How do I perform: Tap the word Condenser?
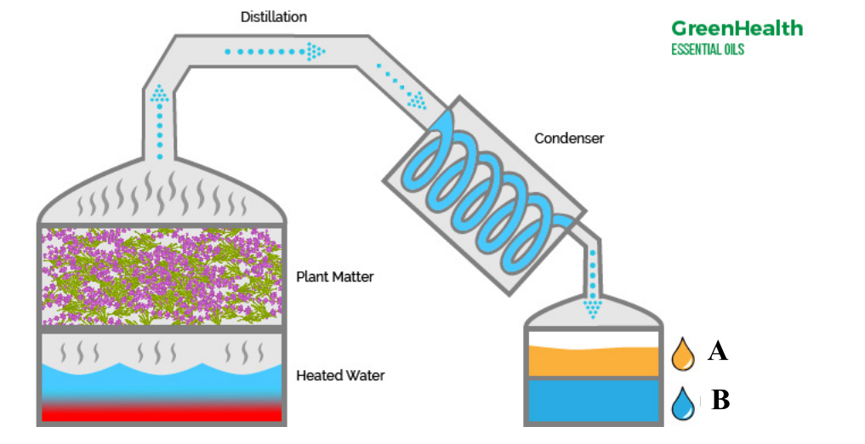568,138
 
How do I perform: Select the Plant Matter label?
334,276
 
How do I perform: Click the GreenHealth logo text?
737,28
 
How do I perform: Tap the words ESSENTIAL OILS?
708,49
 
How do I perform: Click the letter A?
717,350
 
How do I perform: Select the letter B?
720,400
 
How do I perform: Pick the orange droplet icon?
682,356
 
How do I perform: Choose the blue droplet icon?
682,404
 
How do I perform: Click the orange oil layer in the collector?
594,361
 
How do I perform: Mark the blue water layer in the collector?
594,401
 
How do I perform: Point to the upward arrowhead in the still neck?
159,94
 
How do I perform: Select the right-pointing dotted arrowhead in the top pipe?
316,52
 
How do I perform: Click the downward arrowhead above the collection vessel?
593,306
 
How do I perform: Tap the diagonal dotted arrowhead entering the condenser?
417,101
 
